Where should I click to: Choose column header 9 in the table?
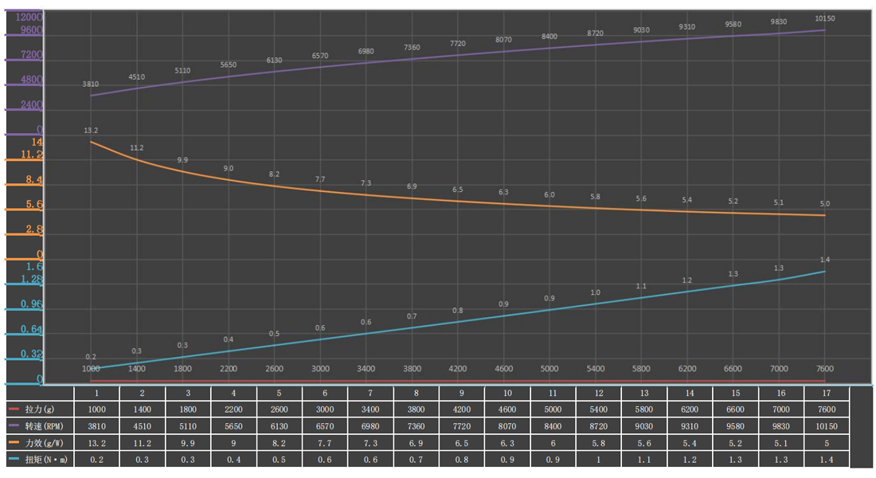(x=460, y=393)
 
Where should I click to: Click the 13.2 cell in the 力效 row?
(x=96, y=442)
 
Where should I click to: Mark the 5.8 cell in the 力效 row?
(x=596, y=442)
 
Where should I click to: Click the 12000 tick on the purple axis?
(x=29, y=17)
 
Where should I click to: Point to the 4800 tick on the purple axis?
(x=30, y=80)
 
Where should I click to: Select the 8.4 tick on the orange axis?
(x=34, y=180)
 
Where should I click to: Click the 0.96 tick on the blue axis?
(x=30, y=304)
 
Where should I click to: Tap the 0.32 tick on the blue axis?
(x=30, y=354)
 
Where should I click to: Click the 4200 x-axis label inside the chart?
(x=458, y=369)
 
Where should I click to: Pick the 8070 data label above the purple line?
(x=503, y=39)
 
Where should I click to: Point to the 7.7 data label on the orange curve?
(x=320, y=179)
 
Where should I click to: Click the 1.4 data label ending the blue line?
(x=824, y=260)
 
